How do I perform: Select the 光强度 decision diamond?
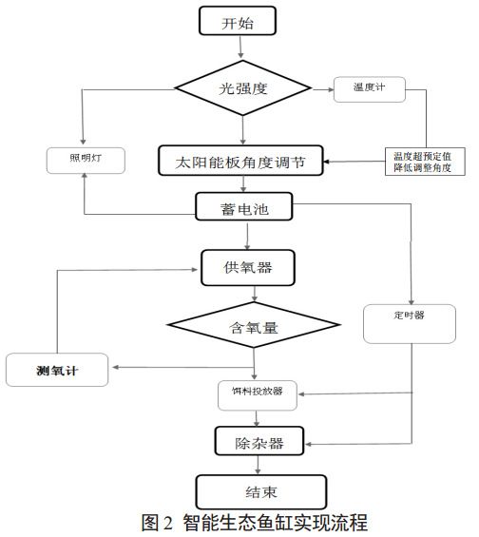[x=244, y=89]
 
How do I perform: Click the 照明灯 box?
[x=85, y=160]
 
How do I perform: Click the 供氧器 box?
[x=247, y=267]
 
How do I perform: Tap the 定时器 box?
[x=411, y=322]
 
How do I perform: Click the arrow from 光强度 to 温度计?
[x=318, y=89]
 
